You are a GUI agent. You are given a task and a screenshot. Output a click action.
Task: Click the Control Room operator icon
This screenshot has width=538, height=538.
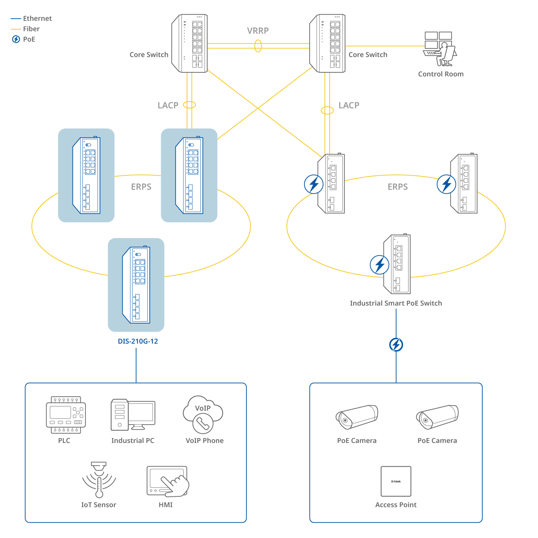[x=440, y=49]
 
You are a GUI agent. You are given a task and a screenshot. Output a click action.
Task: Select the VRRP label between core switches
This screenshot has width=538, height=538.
[x=258, y=31]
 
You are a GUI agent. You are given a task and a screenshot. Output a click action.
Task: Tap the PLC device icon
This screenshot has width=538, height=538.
[x=66, y=415]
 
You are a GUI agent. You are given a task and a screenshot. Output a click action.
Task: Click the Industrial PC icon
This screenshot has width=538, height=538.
[x=133, y=415]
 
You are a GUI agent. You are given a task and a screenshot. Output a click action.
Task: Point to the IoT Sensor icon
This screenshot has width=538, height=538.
[x=99, y=480]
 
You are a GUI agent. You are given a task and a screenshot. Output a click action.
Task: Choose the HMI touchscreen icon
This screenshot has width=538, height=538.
[x=167, y=481]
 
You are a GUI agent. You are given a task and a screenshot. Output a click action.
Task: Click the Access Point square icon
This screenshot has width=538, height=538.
[x=396, y=481]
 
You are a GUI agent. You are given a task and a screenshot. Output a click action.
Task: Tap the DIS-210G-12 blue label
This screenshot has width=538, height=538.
[x=138, y=341]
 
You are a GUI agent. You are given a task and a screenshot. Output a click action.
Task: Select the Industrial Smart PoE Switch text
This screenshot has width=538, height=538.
[x=396, y=303]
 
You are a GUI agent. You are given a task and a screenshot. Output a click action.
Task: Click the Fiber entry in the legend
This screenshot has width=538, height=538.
[x=31, y=29]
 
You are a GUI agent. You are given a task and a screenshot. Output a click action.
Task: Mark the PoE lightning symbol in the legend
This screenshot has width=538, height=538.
[x=16, y=39]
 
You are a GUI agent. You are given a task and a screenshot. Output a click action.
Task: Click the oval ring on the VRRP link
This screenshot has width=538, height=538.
[x=258, y=46]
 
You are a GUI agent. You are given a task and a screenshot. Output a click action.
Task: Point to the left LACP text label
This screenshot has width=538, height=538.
[x=168, y=105]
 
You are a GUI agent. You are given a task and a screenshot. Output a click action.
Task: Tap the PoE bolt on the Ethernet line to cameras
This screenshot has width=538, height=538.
[x=396, y=345]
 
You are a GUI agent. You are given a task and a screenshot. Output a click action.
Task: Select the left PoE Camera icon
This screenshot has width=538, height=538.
[x=357, y=417]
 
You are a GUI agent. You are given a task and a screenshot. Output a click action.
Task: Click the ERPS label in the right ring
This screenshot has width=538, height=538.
[x=397, y=187]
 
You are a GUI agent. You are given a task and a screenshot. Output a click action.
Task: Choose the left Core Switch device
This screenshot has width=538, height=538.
[x=190, y=43]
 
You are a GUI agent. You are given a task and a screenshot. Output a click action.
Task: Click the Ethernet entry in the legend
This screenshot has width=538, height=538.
[x=37, y=19]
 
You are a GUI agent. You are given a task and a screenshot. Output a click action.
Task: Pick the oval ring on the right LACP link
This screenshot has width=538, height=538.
[x=327, y=110]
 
